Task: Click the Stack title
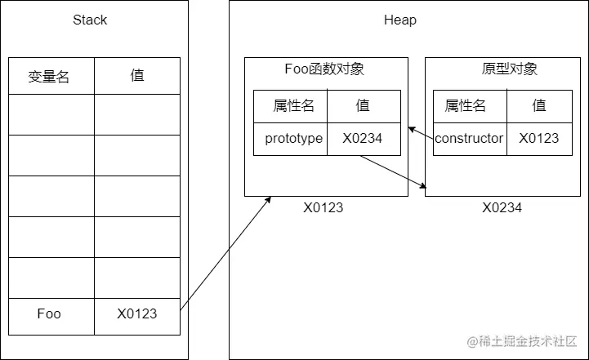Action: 90,20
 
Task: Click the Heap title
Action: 400,20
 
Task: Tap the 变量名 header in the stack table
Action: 49,76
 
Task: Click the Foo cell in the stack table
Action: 49,313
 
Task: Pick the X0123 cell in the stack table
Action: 137,313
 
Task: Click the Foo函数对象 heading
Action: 324,69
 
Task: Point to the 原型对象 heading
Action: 510,69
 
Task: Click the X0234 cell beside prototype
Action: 363,138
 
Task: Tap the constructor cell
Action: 469,138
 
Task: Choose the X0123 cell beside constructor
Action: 539,138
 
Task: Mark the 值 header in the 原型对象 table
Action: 539,105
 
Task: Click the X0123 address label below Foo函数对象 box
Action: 324,208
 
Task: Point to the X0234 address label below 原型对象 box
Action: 502,208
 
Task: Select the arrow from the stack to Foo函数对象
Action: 225,253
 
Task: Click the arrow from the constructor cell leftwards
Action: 420,133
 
